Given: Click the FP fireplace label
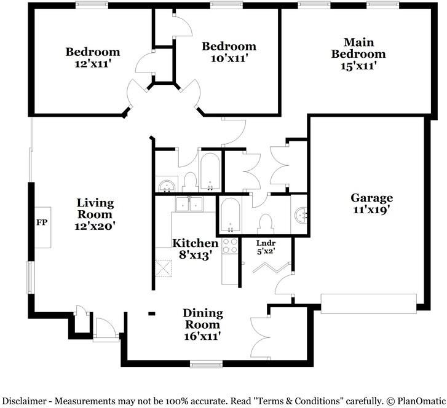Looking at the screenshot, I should tap(41, 222).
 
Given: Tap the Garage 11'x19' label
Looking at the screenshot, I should tap(371, 203).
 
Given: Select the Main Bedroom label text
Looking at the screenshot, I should tap(358, 53).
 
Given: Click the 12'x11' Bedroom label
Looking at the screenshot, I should tap(93, 57).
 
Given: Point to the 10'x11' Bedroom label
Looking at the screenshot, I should tap(229, 52).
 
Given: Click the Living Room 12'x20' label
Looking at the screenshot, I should tap(95, 214).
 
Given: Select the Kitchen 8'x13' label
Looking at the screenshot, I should tap(195, 249).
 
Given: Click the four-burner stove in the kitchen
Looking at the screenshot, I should tap(230, 246).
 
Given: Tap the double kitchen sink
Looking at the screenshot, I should tap(189, 205).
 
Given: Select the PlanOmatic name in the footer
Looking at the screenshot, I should tap(418, 400).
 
